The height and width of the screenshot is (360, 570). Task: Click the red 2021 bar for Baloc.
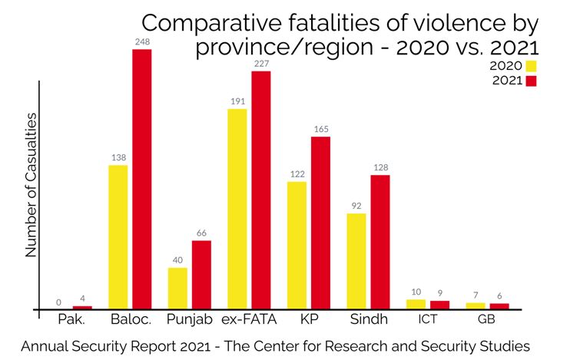(142, 179)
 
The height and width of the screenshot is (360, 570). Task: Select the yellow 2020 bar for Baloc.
(118, 237)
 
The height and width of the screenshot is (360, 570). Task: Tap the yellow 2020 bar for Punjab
(177, 289)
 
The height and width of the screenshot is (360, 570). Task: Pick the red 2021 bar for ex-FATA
(261, 190)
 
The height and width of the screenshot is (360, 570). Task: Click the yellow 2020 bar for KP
(297, 245)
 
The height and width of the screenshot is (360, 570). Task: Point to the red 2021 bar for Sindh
(380, 242)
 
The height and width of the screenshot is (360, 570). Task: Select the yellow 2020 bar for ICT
(416, 305)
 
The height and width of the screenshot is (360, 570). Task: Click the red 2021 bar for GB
(499, 306)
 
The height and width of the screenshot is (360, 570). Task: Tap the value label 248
(143, 41)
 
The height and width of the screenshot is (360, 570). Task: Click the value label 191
(237, 101)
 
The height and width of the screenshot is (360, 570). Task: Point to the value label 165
(321, 129)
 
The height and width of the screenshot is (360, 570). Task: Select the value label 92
(356, 206)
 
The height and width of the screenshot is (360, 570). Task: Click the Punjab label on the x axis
(190, 319)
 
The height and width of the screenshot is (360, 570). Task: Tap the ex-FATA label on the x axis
(250, 319)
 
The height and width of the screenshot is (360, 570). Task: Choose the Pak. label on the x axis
(71, 319)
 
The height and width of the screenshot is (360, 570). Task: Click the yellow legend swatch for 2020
(531, 66)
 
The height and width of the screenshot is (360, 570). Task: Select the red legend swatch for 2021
(531, 81)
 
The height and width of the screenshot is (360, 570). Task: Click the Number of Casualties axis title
(31, 185)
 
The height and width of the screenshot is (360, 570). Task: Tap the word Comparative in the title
(211, 23)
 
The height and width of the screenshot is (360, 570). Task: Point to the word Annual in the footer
(44, 346)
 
